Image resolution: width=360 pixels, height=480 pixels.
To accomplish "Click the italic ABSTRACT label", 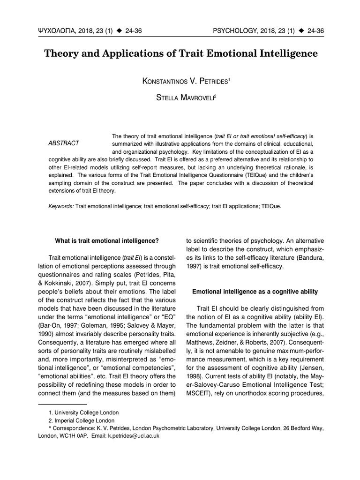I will [64, 143].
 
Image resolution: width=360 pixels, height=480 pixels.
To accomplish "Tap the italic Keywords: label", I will [61, 206].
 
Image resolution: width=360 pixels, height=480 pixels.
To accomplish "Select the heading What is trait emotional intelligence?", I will [107, 241].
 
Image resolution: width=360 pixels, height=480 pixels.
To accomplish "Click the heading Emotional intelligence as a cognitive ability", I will [255, 292].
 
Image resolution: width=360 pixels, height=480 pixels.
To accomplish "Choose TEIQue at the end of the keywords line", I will [271, 206].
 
